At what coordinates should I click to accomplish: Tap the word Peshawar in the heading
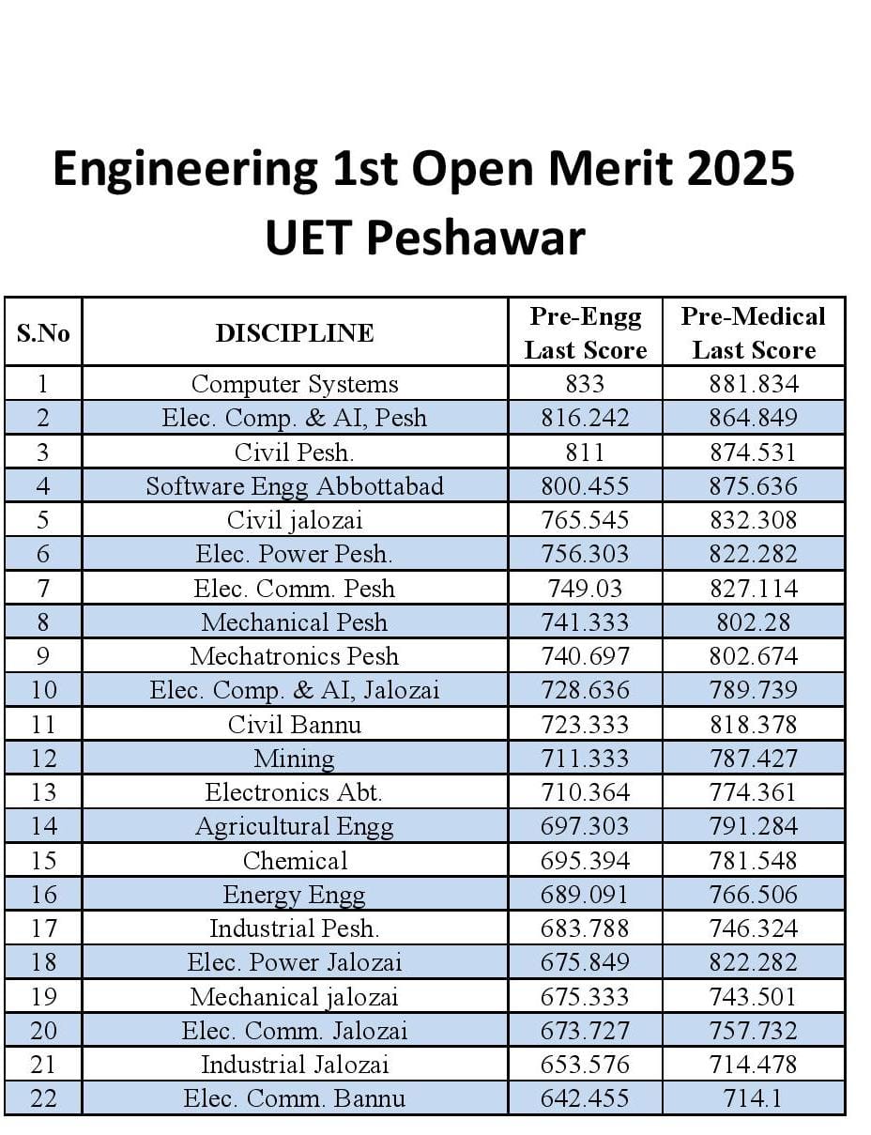[x=478, y=238]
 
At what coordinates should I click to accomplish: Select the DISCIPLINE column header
[x=295, y=333]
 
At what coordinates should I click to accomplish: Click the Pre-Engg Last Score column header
[x=585, y=333]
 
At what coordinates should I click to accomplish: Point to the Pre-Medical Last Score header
[x=753, y=333]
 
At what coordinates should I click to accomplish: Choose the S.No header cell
[x=43, y=333]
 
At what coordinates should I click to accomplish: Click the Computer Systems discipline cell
[x=295, y=384]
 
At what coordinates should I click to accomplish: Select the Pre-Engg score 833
[x=585, y=384]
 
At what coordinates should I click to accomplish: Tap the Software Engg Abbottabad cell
[x=295, y=486]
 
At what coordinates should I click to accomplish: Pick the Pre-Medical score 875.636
[x=753, y=486]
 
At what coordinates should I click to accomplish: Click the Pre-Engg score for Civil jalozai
[x=585, y=520]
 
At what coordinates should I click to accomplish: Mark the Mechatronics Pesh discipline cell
[x=295, y=656]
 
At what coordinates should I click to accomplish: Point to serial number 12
[x=43, y=759]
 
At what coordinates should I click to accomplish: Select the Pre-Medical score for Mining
[x=753, y=759]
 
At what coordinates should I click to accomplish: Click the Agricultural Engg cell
[x=295, y=826]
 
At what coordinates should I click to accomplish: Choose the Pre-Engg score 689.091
[x=585, y=895]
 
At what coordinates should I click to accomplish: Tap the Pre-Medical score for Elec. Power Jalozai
[x=753, y=962]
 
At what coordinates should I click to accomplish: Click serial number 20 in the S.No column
[x=43, y=1031]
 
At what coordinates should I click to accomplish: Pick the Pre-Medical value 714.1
[x=753, y=1098]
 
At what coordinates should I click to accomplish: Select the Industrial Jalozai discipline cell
[x=295, y=1065]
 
